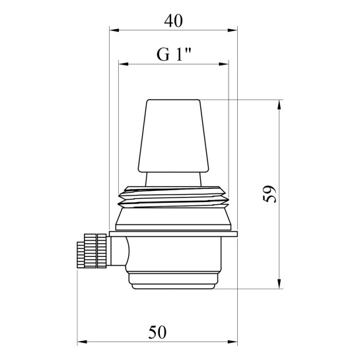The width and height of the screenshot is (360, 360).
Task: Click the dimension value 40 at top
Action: pos(173,21)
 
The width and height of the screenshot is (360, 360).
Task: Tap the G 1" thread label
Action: pos(174,54)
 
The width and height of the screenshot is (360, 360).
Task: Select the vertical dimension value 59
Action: pos(270,194)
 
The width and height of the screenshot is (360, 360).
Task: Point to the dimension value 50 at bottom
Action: pos(157,332)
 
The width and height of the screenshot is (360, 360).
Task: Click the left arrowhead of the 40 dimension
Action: pos(114,30)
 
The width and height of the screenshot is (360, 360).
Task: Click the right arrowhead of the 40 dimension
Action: pos(233,30)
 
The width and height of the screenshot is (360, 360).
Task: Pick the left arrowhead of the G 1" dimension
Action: pos(124,64)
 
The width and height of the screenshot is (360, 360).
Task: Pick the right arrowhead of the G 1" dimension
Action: pos(224,64)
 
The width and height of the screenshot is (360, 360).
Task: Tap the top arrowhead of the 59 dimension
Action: pos(279,104)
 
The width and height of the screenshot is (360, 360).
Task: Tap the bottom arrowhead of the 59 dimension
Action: pos(279,284)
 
